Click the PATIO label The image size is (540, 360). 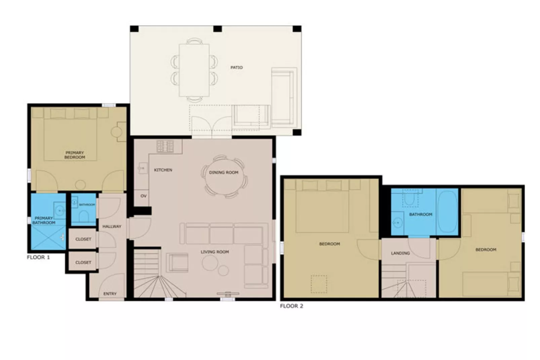(236, 68)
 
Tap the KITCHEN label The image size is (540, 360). (163, 170)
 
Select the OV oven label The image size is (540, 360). (144, 196)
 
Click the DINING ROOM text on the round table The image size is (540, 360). (224, 173)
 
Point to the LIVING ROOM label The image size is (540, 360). (215, 252)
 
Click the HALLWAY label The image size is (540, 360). (112, 226)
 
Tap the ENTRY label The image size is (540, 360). (110, 294)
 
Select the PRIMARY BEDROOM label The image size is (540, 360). (75, 155)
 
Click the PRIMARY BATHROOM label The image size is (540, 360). (44, 220)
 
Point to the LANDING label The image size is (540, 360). (400, 253)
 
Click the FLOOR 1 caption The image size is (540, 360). (38, 257)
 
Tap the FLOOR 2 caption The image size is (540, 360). (292, 306)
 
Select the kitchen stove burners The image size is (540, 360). (165, 146)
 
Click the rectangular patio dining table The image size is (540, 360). (194, 70)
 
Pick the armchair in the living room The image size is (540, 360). (177, 262)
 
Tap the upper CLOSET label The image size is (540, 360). (83, 239)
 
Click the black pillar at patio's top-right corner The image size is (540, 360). (297, 29)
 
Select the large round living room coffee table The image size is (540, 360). (210, 263)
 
